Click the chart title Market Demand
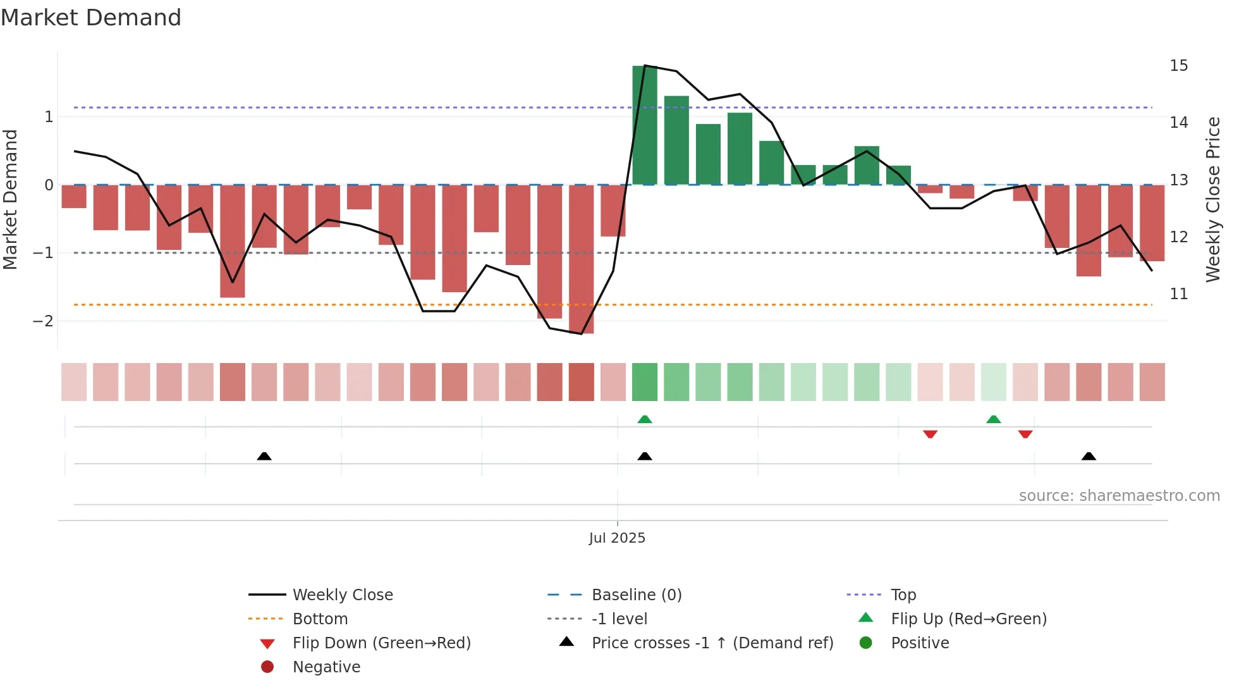click(91, 18)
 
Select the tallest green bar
click(644, 125)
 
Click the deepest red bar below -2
click(581, 259)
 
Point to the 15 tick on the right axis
click(1178, 66)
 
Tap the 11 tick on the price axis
click(1178, 294)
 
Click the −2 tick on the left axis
click(43, 321)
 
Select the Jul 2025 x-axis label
click(617, 538)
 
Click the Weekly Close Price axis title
click(1212, 199)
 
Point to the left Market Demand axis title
click(11, 199)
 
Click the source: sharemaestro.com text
click(1119, 496)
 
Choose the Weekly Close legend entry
click(342, 595)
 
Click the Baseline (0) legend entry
click(636, 595)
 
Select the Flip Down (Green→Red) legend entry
click(381, 643)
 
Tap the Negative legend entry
click(326, 667)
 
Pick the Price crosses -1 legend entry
click(712, 643)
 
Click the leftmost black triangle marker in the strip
click(264, 457)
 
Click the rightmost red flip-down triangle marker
click(1025, 434)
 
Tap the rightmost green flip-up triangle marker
click(994, 419)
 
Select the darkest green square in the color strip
click(644, 382)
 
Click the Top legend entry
click(903, 595)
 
